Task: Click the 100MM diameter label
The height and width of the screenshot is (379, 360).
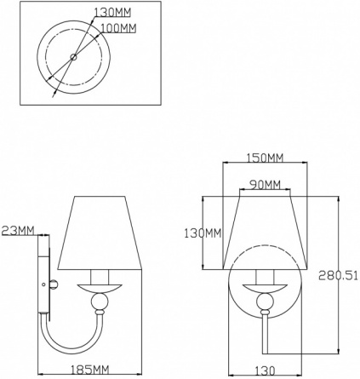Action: (118, 28)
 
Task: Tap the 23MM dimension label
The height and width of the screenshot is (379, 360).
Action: (18, 230)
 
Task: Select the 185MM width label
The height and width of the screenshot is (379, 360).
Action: (89, 370)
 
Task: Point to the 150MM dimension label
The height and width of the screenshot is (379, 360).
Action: (265, 158)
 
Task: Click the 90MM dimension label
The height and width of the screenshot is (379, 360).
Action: (265, 185)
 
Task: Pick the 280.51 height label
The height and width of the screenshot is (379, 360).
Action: (338, 275)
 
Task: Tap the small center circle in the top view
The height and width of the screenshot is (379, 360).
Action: (73, 57)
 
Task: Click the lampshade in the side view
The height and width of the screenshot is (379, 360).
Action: (100, 233)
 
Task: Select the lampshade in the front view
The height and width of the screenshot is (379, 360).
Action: (266, 233)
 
